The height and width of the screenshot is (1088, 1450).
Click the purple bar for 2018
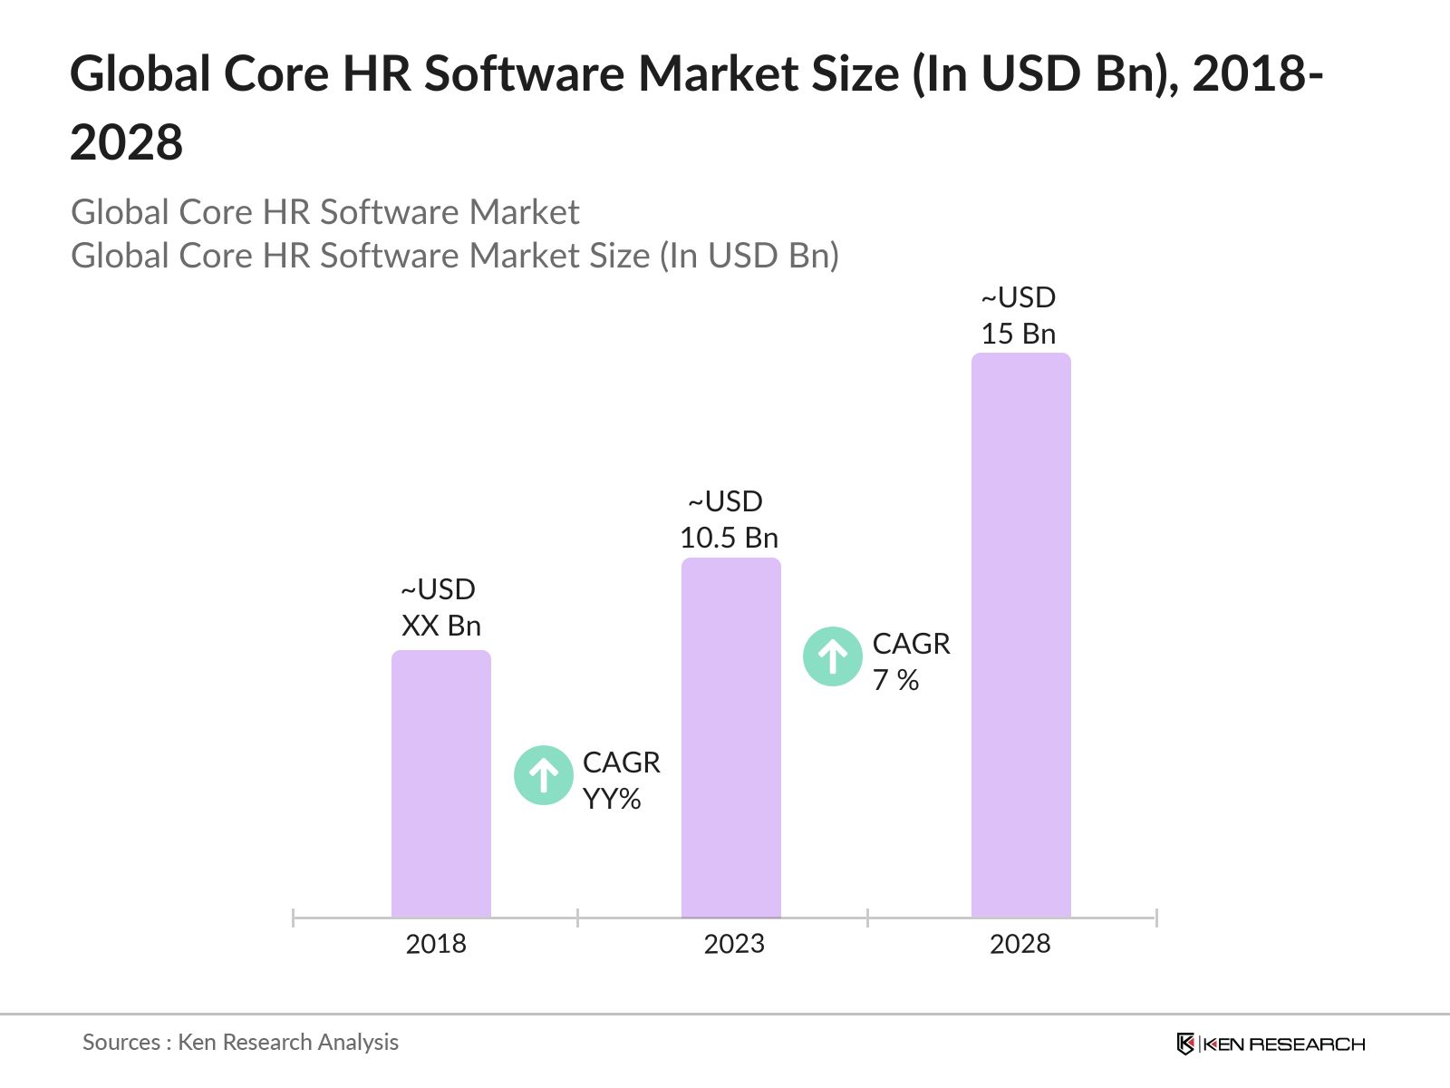pos(441,784)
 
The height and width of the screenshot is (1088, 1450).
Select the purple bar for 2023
pos(731,738)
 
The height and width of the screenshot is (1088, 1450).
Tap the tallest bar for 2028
pos(1021,636)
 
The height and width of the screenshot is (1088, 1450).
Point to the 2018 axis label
pos(436,944)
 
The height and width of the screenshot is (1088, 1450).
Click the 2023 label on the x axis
pos(734,944)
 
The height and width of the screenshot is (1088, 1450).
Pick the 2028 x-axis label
pos(1020,944)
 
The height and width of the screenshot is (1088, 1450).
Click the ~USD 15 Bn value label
pos(1019,316)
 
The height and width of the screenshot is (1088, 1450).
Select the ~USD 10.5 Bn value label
pos(729,520)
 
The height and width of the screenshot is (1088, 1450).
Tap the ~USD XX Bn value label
pos(440,607)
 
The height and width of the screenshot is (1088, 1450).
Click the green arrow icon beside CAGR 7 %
pos(833,656)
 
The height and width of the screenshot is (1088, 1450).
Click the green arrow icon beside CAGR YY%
pos(544,775)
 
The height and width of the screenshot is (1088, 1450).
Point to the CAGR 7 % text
pos(911,662)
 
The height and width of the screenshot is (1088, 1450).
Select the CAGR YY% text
pos(621,781)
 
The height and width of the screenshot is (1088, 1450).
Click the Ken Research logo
pos(1271,1044)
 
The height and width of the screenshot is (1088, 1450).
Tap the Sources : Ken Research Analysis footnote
pos(240,1043)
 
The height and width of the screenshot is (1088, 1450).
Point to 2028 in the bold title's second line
pos(127,143)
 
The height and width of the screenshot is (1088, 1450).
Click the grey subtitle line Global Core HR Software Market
pos(324,212)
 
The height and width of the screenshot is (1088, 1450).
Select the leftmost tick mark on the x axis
pos(294,918)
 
